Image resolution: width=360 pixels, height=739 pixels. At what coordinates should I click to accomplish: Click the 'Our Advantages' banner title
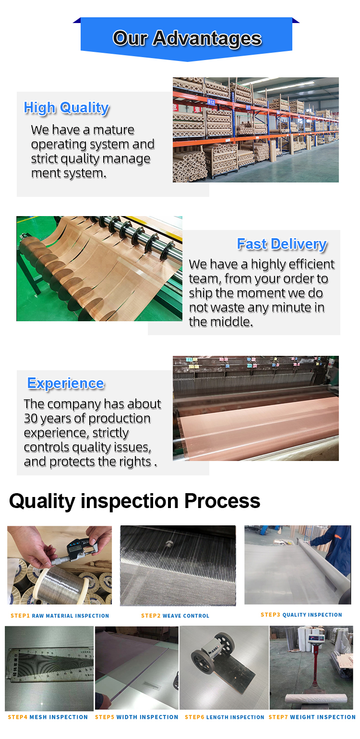click(x=187, y=38)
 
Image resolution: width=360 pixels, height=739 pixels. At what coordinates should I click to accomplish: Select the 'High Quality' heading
click(x=66, y=108)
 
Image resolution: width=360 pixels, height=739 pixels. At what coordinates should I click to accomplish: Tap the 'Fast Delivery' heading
click(x=282, y=244)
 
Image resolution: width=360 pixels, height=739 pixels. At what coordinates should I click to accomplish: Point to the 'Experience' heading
click(x=66, y=383)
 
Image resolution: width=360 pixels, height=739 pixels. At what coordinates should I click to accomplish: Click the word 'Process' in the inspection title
click(x=222, y=501)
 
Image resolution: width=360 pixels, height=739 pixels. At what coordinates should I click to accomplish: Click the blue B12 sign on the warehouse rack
click(x=211, y=102)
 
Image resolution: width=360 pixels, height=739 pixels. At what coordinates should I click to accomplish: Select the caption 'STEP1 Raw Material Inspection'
click(x=60, y=616)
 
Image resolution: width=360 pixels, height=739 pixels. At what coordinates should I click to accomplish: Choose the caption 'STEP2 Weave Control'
click(x=175, y=616)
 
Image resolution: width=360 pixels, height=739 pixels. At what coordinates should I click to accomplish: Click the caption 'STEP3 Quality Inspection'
click(x=301, y=615)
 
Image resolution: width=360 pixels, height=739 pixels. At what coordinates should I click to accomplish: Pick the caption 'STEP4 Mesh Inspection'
click(x=48, y=717)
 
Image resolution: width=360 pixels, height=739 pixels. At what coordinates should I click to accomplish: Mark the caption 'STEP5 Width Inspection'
click(x=136, y=717)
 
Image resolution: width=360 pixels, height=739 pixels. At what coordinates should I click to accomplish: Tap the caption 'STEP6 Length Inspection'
click(x=225, y=717)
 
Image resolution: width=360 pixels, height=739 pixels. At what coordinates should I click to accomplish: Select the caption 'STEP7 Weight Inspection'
click(x=312, y=717)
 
